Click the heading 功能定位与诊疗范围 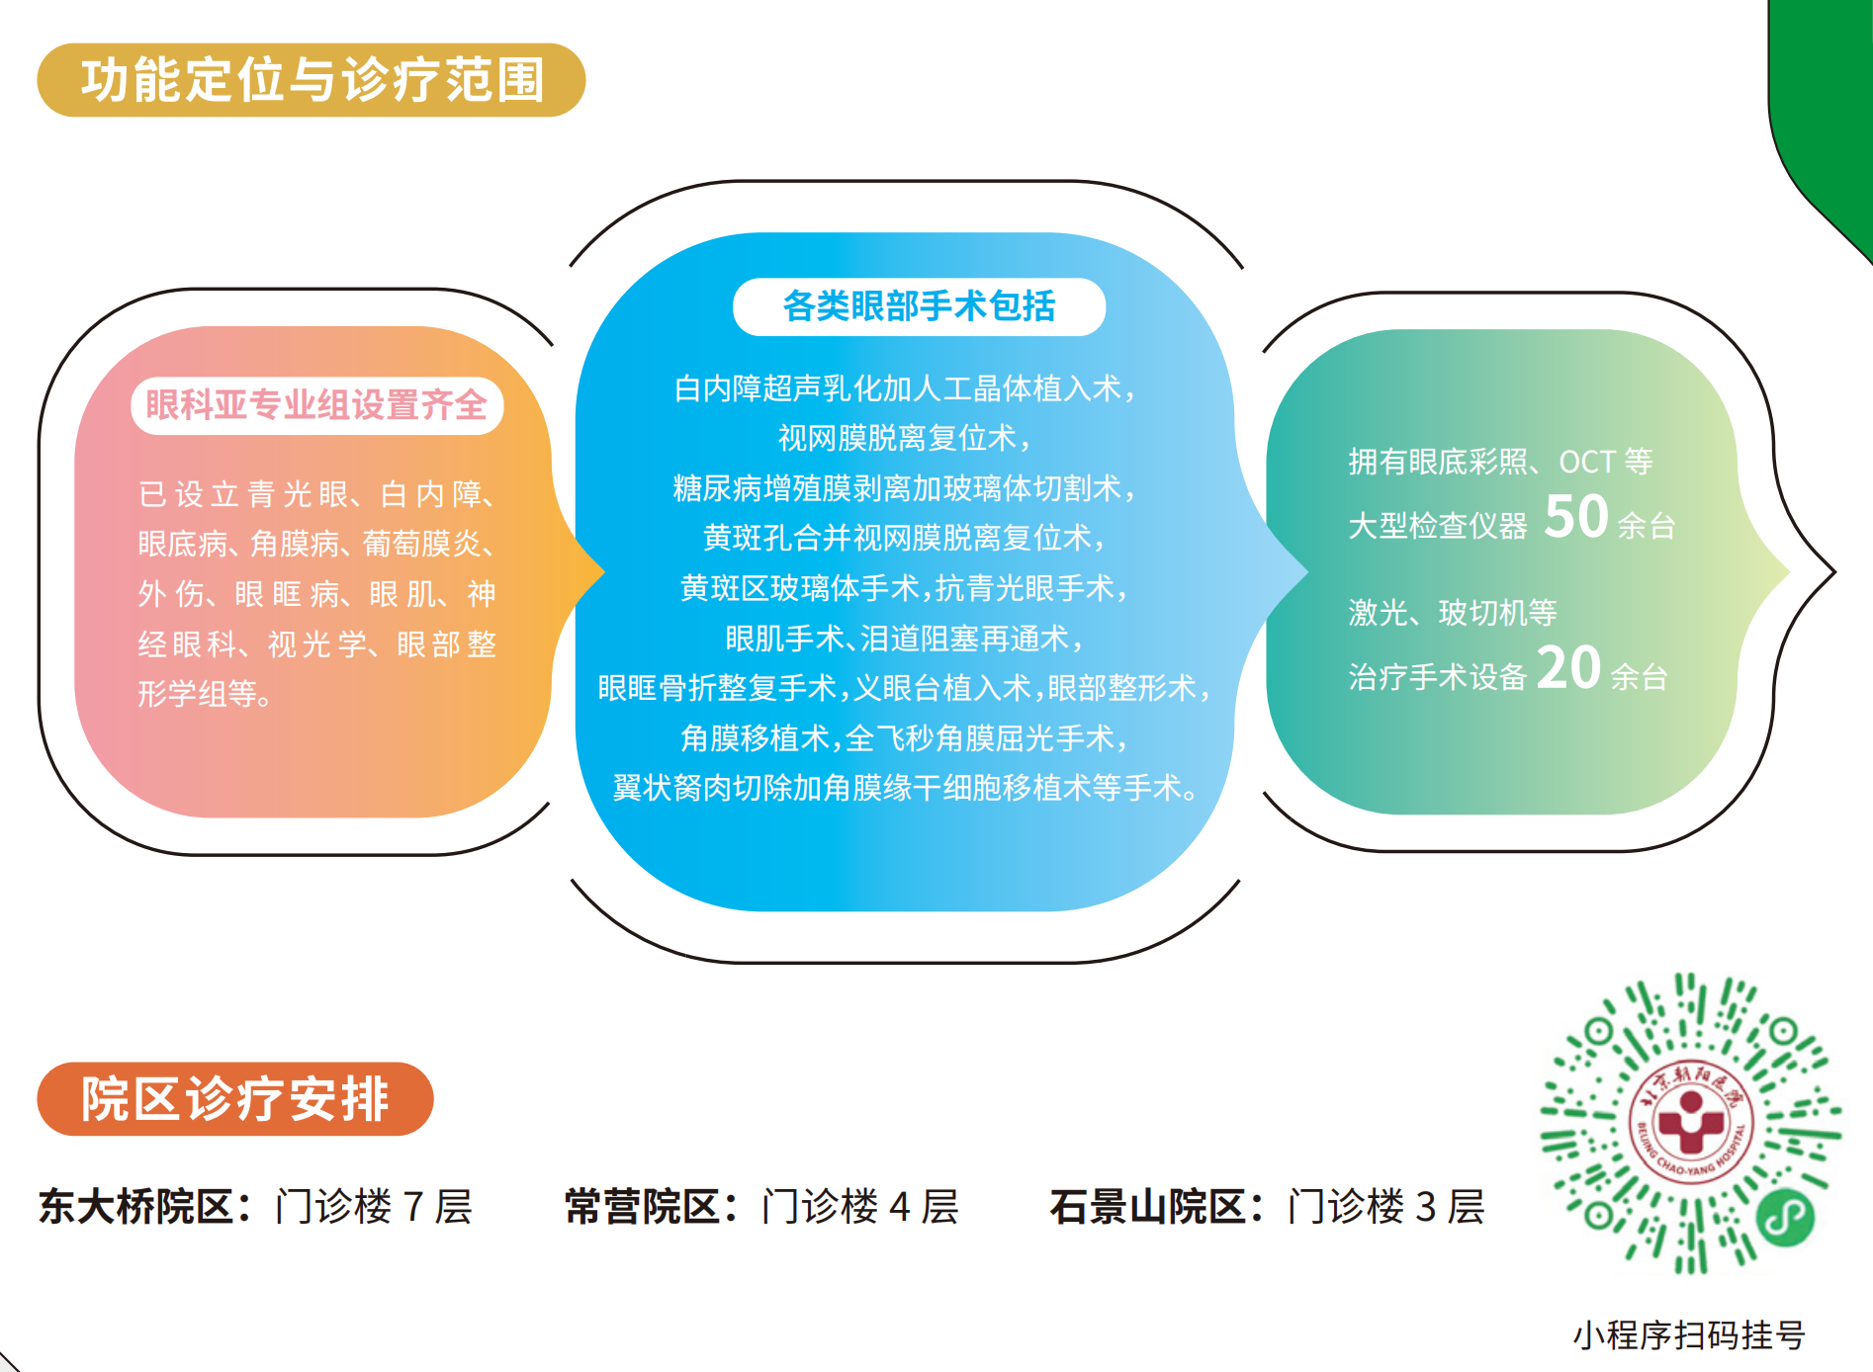click(x=312, y=80)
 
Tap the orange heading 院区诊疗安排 click(x=235, y=1099)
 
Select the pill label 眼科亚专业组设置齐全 click(x=316, y=405)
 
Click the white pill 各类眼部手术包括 click(x=919, y=306)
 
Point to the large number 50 click(x=1575, y=516)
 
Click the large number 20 click(x=1568, y=668)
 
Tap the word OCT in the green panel click(x=1587, y=462)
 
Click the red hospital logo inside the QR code click(x=1691, y=1125)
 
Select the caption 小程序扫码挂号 click(x=1689, y=1334)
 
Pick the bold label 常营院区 click(x=643, y=1207)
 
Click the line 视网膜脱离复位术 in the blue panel click(x=905, y=438)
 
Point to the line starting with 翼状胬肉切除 click(x=905, y=788)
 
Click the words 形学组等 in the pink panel click(x=205, y=694)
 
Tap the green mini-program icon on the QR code click(x=1785, y=1217)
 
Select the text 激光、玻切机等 click(x=1453, y=613)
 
